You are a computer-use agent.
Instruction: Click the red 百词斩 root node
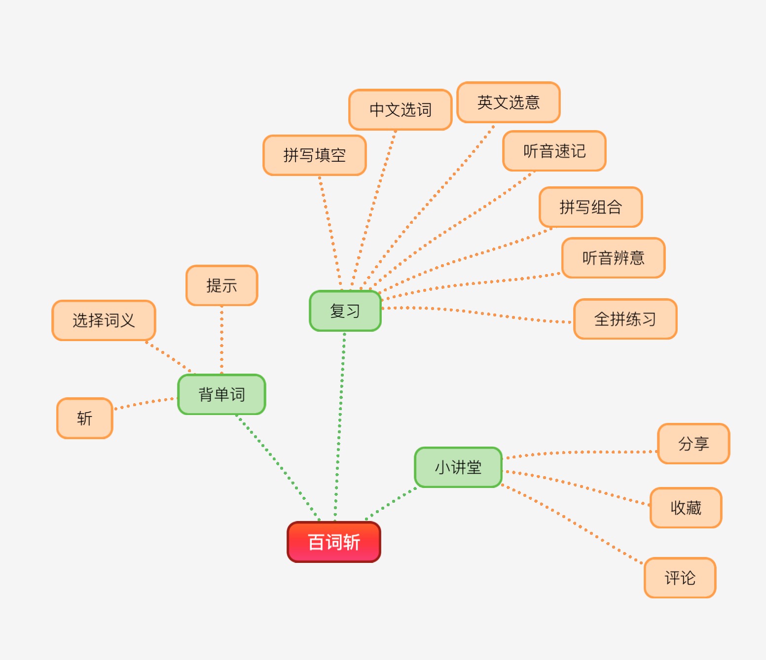[x=334, y=542]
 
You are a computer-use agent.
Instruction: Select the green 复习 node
[x=345, y=311]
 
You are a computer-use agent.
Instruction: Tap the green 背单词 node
[x=221, y=394]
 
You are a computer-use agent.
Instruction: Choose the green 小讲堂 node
[x=458, y=467]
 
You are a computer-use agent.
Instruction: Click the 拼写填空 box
[x=315, y=155]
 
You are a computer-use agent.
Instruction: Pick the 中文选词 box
[x=401, y=110]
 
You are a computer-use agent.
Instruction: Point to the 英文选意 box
[x=509, y=103]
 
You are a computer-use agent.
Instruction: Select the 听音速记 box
[x=554, y=151]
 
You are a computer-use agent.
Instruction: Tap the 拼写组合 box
[x=591, y=207]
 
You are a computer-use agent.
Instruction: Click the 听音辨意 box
[x=614, y=258]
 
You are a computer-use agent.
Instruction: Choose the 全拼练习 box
[x=625, y=319]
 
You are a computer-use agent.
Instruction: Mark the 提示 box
[x=222, y=285]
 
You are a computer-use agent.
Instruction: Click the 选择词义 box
[x=104, y=320]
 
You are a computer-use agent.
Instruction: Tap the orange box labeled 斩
[x=85, y=418]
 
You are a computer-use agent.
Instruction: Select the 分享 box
[x=693, y=444]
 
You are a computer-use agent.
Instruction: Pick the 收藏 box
[x=686, y=508]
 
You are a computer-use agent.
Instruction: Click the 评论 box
[x=680, y=578]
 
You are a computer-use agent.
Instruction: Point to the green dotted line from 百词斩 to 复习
[x=339, y=424]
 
